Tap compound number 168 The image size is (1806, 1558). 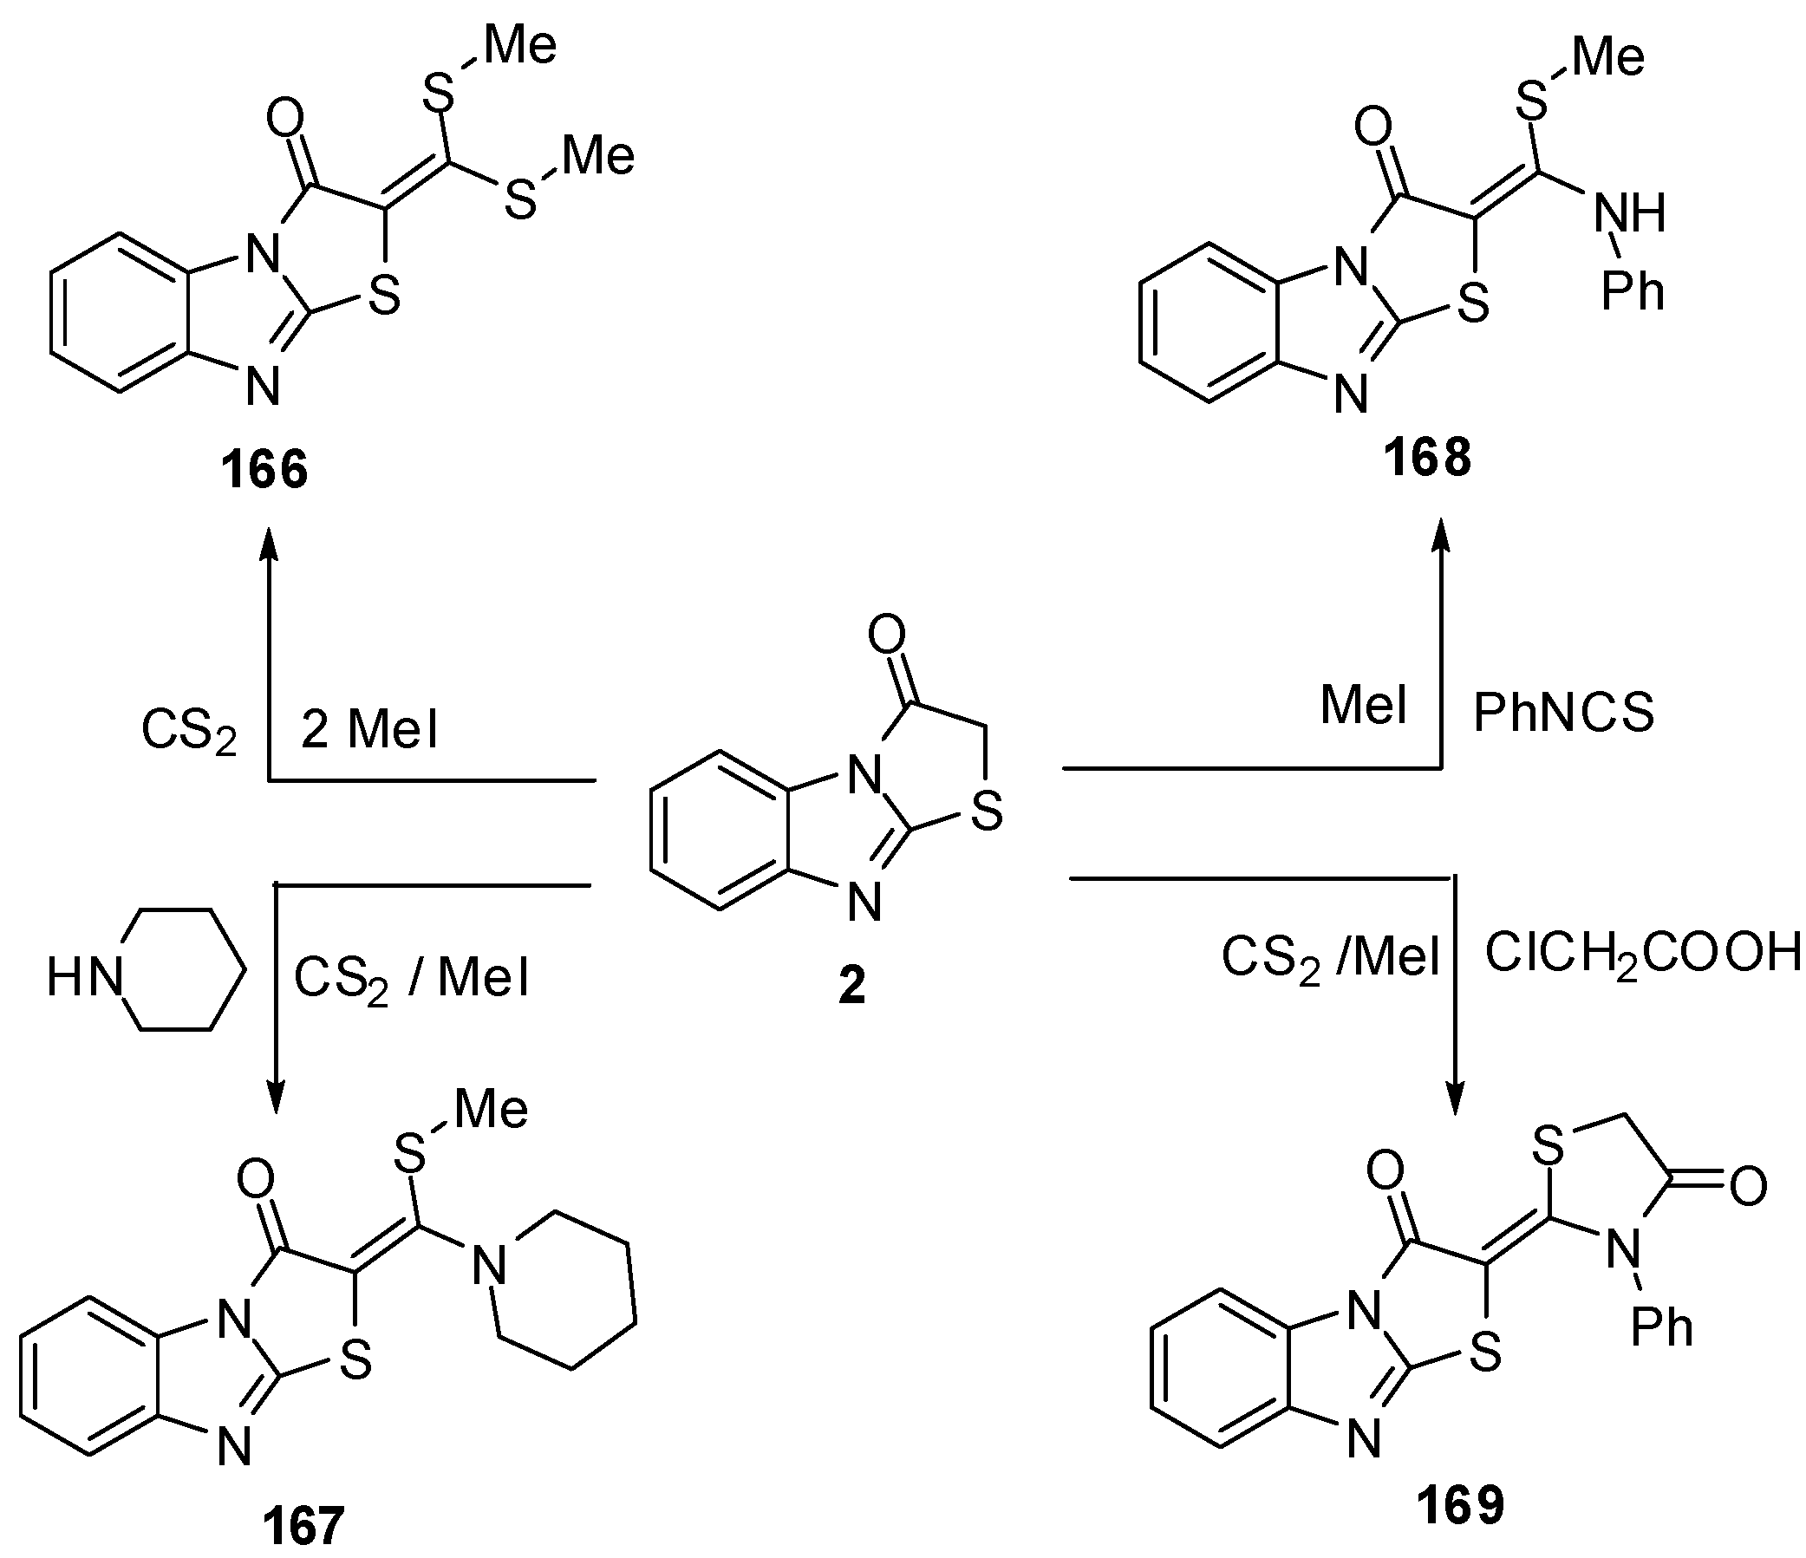pos(1427,458)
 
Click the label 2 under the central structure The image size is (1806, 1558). pos(851,987)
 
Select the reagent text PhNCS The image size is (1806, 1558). pos(1564,713)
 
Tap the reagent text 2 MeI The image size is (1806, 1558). pos(369,728)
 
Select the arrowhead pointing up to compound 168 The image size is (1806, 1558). pos(1442,532)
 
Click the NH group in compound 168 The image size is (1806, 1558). pos(1630,212)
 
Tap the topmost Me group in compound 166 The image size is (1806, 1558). pos(520,45)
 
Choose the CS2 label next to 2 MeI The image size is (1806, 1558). pos(189,732)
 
